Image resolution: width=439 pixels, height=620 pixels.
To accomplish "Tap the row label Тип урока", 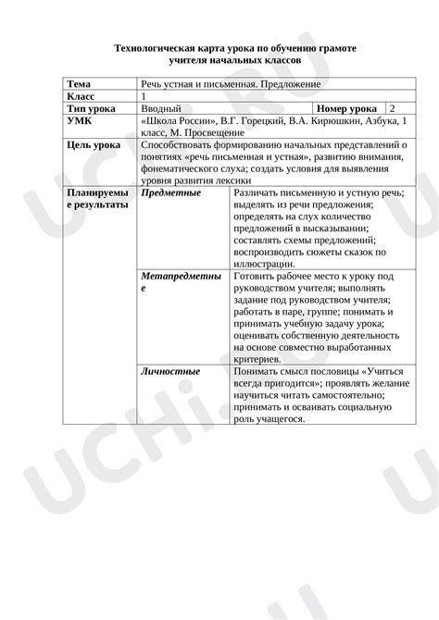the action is [91, 109].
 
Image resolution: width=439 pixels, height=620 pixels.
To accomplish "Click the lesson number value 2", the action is [393, 109].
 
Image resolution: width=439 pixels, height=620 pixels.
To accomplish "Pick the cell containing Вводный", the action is [161, 109].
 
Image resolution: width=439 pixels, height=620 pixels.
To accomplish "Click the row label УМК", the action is [80, 121].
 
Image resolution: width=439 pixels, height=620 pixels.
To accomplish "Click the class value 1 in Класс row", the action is [144, 96].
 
